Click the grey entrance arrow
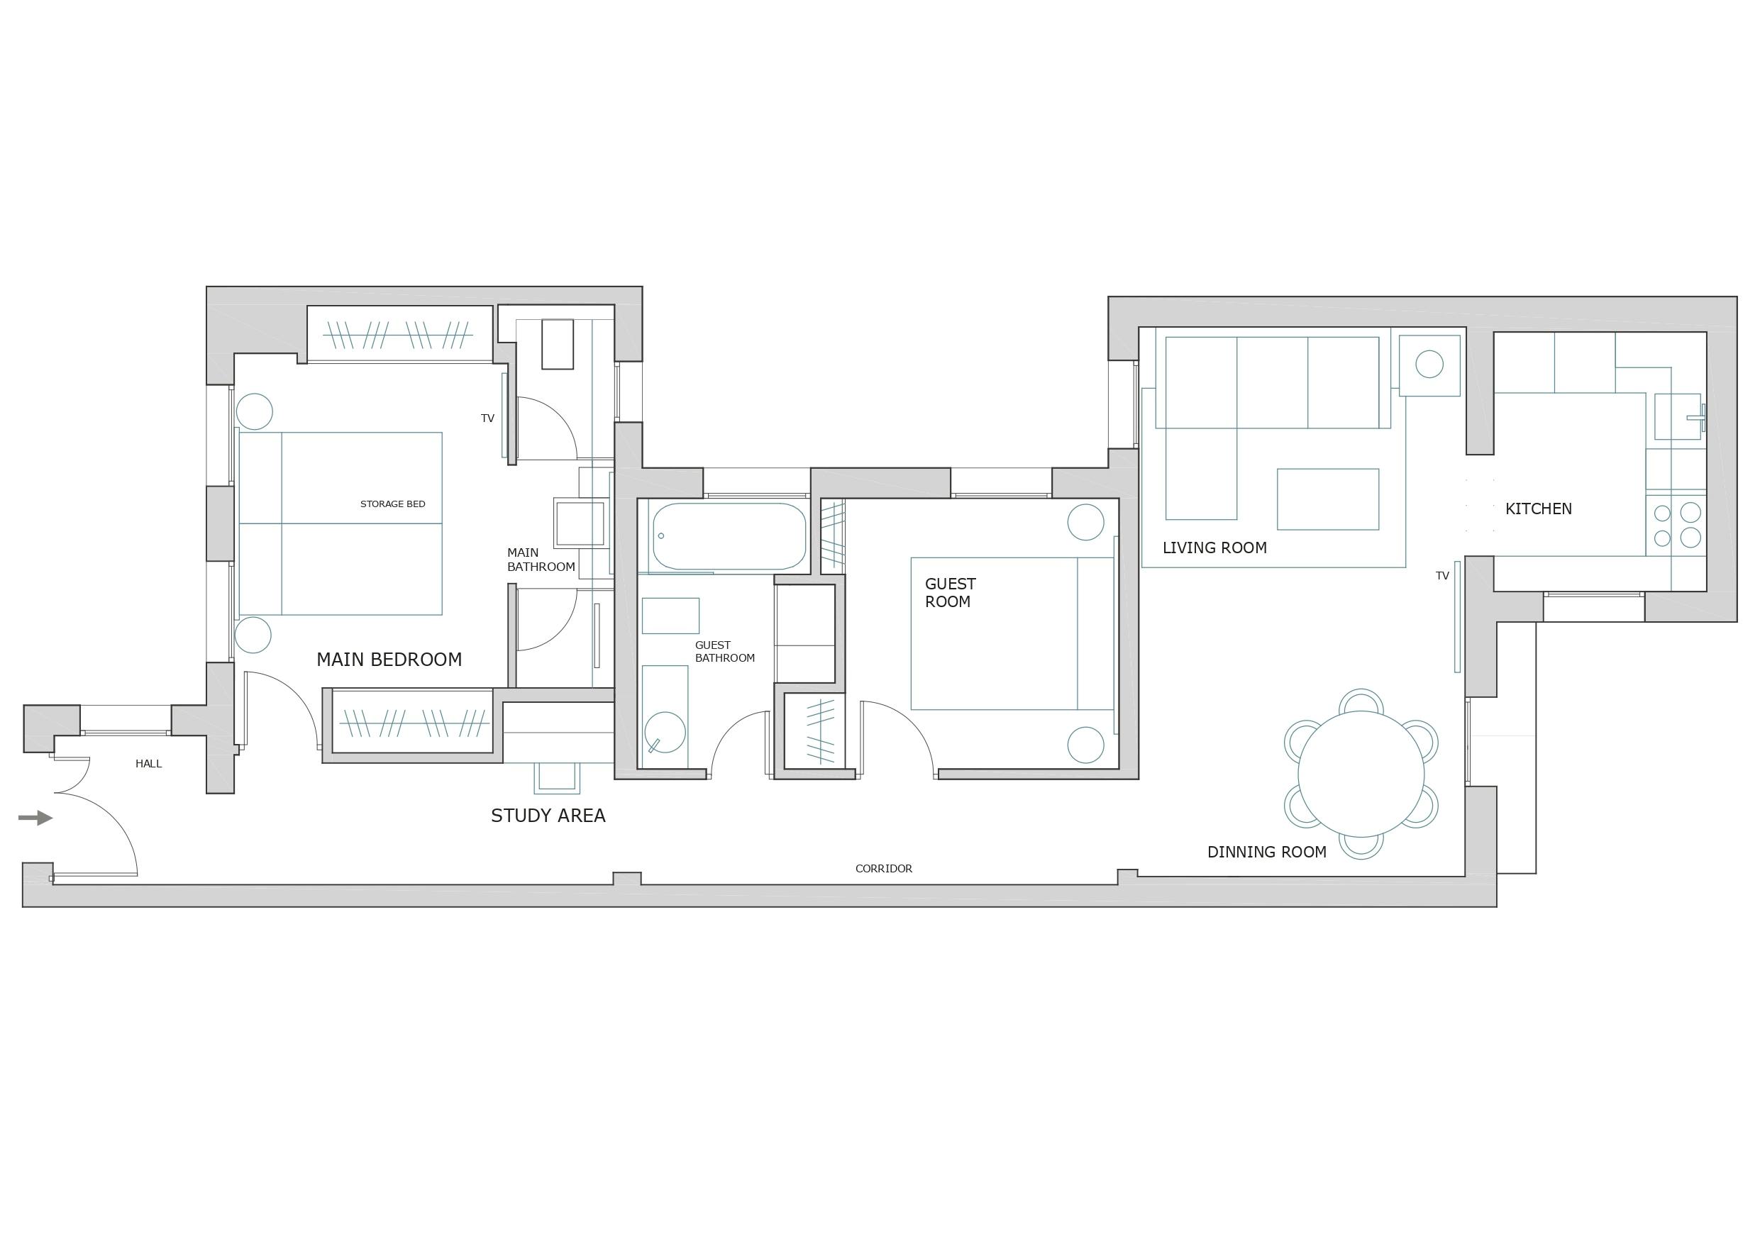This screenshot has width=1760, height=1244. [35, 818]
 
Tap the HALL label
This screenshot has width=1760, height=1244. [149, 763]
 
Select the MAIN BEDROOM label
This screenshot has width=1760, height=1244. [389, 659]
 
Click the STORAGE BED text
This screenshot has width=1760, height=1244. [392, 504]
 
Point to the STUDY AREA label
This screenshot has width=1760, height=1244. [548, 816]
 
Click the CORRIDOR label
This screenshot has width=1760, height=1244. [884, 868]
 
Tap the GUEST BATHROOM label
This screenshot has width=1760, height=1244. [724, 652]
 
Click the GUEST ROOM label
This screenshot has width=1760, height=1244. [950, 592]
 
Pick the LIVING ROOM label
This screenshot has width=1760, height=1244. [1214, 548]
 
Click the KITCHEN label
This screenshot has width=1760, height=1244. [1539, 509]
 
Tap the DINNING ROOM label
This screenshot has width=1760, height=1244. [1266, 853]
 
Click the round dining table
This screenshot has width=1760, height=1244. [1361, 774]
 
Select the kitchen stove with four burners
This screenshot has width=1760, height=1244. [1676, 525]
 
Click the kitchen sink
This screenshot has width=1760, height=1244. [1678, 417]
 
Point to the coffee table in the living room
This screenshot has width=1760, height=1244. [1328, 499]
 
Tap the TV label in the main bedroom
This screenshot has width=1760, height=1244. [487, 418]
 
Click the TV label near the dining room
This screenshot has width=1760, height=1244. [1443, 576]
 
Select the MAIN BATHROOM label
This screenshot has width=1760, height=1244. [541, 560]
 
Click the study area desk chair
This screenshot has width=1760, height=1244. [556, 778]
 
